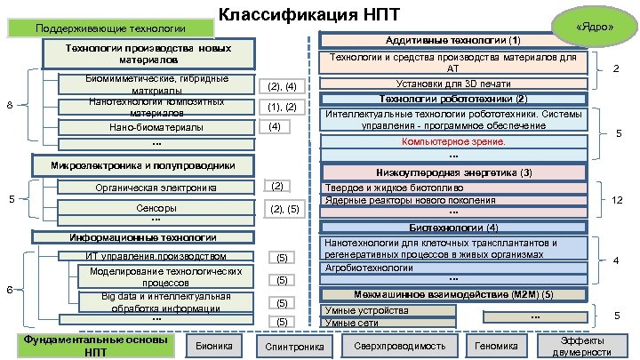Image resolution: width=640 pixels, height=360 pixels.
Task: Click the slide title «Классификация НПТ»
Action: tap(297, 14)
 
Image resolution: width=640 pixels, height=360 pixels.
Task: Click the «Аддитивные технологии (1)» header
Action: tap(453, 41)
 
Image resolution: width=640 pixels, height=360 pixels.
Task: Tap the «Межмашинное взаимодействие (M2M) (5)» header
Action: tap(453, 294)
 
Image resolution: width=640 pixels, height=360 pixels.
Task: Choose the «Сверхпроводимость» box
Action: tap(388, 346)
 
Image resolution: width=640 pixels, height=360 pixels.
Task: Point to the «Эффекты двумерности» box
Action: tap(581, 346)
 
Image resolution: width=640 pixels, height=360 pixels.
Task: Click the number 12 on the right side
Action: tap(615, 199)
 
